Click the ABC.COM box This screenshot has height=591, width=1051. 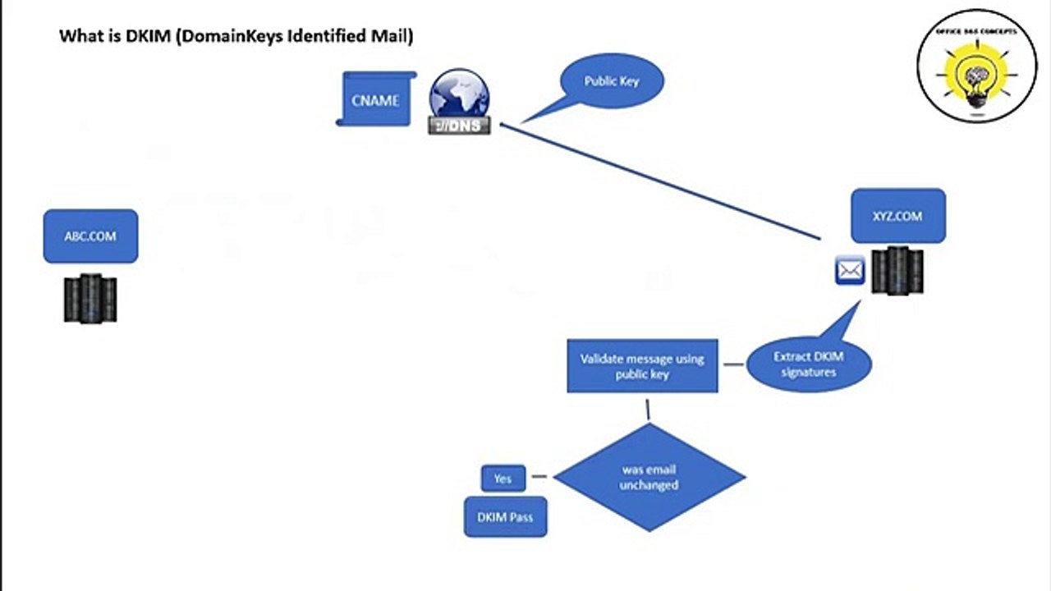[90, 236]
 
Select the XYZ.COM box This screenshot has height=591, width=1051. [897, 216]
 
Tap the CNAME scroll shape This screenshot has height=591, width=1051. [375, 100]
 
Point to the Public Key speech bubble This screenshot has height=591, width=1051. [611, 81]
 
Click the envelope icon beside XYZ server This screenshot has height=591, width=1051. [850, 270]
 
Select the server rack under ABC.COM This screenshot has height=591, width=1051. [90, 298]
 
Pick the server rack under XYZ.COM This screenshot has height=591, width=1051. [897, 271]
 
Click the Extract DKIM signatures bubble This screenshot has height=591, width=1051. [809, 364]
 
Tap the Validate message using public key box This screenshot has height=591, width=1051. [642, 366]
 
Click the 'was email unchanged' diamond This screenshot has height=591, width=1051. [649, 477]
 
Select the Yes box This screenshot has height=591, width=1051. [503, 479]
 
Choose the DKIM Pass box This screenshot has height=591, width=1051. [505, 517]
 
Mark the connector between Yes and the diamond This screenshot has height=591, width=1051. [539, 476]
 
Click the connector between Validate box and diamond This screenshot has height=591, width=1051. [648, 410]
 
